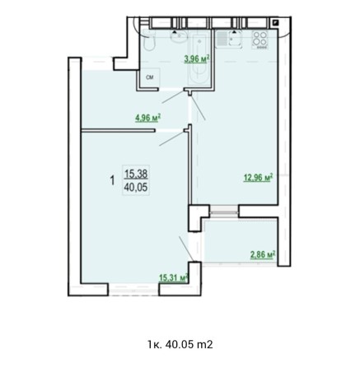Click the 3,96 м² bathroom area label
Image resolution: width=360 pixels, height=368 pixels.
(197, 58)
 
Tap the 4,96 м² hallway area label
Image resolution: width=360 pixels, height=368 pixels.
(147, 118)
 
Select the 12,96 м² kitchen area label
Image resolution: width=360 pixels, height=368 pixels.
(258, 175)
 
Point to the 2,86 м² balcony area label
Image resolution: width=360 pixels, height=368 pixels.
(263, 254)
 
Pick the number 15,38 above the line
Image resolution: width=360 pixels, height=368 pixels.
(135, 173)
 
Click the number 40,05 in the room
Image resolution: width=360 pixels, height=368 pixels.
(135, 187)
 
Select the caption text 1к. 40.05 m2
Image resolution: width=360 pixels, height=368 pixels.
(180, 343)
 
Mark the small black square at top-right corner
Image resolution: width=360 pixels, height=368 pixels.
(276, 23)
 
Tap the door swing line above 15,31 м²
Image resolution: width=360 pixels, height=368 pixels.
(185, 247)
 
